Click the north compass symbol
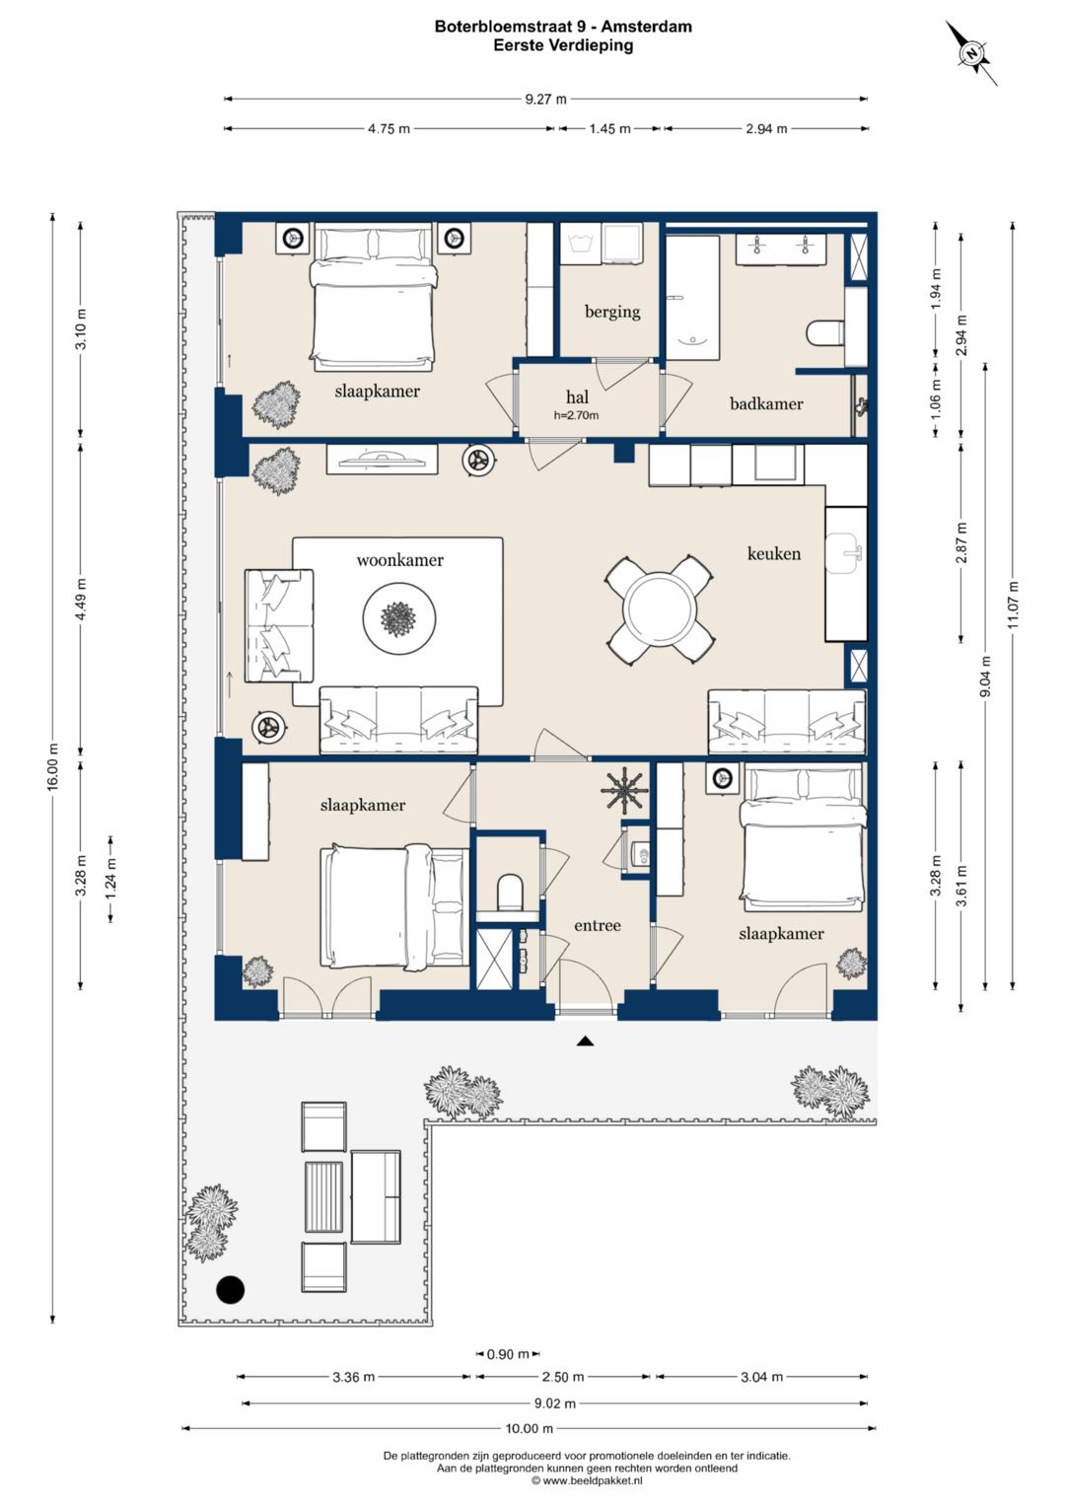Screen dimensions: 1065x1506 coord(971,52)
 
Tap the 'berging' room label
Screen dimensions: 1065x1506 coord(611,312)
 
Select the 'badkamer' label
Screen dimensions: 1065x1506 coord(766,403)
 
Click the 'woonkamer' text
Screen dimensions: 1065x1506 coord(400,560)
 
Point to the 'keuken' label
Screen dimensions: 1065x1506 coord(774,553)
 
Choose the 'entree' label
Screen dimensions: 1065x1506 coord(597,925)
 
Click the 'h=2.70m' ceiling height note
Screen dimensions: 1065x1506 coord(576,415)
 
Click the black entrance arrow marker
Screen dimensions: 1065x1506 coord(586,1041)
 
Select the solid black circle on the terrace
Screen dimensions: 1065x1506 coord(230,1289)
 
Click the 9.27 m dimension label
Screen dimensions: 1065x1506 coord(545,100)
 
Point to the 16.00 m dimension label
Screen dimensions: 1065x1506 coord(53,766)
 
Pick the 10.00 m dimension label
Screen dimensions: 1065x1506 coord(530,1428)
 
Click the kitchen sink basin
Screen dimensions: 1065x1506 coord(845,552)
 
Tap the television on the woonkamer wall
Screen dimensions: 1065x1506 coord(382,460)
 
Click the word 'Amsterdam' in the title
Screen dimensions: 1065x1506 coord(646,27)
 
